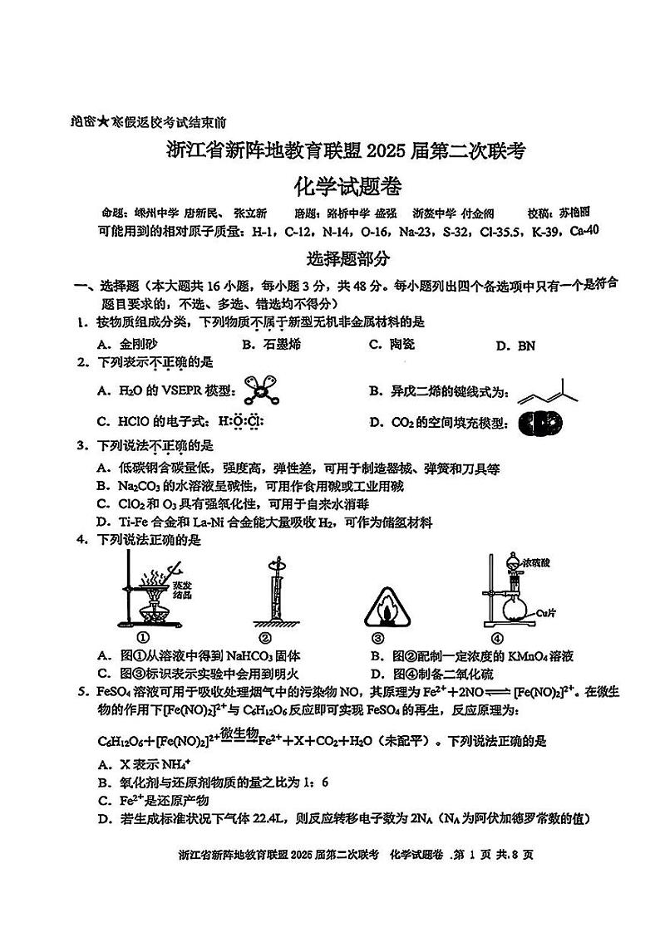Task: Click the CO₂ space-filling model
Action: (534, 424)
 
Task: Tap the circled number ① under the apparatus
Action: (142, 638)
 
